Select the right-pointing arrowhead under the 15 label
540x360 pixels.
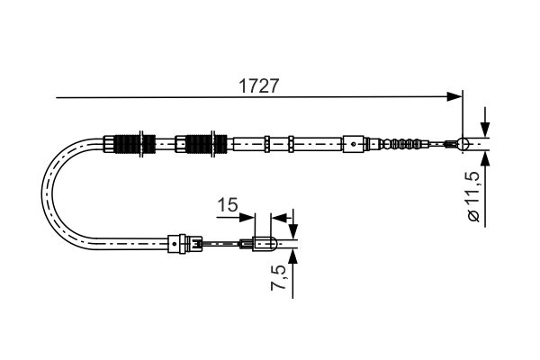(251, 216)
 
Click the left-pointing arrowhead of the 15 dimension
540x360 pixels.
(278, 216)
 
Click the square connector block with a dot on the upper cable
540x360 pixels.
(355, 142)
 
